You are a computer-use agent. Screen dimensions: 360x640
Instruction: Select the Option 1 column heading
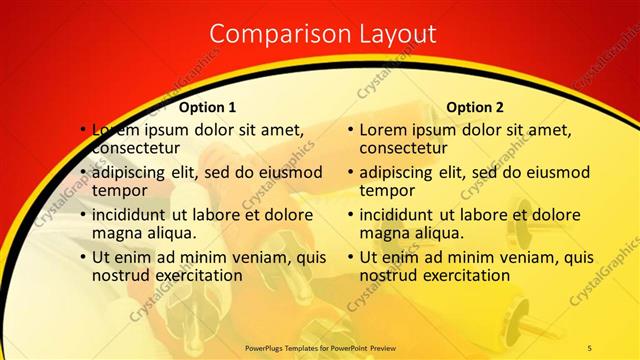point(208,107)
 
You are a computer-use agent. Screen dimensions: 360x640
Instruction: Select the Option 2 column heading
point(475,107)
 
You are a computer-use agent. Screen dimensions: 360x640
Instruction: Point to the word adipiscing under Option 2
point(401,171)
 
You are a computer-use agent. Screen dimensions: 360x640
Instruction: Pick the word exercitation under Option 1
point(196,275)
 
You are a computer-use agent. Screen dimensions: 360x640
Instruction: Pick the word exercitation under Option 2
point(463,275)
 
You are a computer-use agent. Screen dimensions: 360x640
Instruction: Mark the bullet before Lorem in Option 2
point(351,130)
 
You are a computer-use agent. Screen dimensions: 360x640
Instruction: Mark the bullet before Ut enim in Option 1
point(84,257)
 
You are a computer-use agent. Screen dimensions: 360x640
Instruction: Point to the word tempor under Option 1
point(120,190)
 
